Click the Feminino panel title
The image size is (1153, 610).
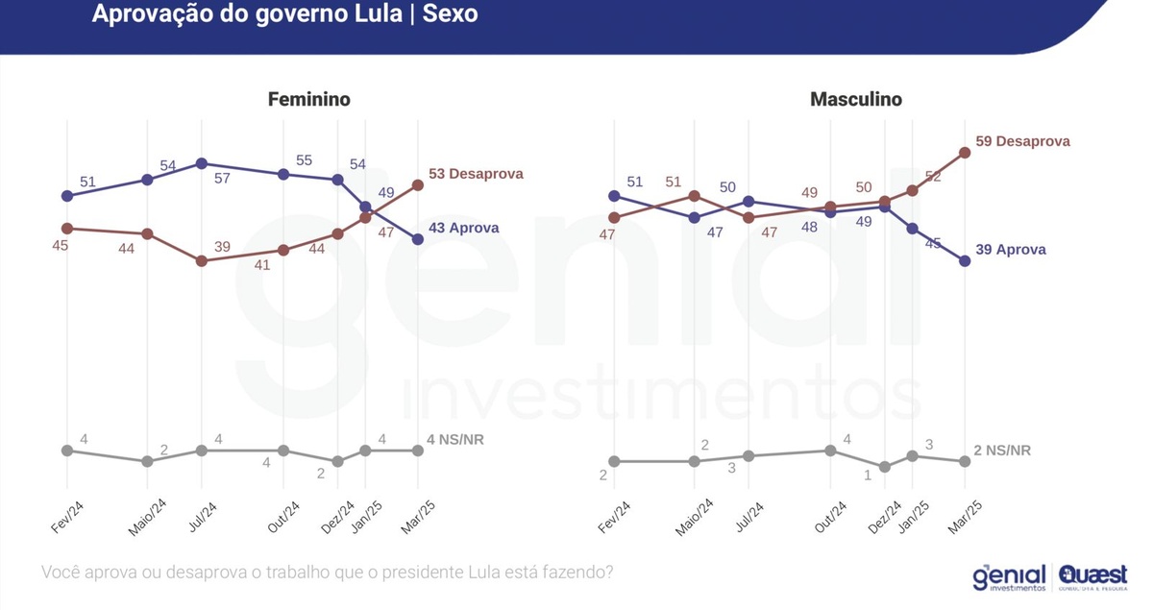click(x=308, y=100)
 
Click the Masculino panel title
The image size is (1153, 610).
click(x=856, y=100)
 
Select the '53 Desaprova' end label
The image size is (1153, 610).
click(x=476, y=174)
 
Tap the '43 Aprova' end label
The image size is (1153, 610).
click(x=463, y=229)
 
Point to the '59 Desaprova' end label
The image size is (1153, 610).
click(x=1022, y=141)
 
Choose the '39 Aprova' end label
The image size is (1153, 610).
click(x=1010, y=250)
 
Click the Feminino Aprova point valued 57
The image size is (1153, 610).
click(x=201, y=163)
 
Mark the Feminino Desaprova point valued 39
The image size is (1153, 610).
click(x=201, y=260)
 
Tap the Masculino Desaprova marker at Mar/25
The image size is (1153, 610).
click(x=966, y=152)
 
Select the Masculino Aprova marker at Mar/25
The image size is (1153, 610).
click(x=966, y=260)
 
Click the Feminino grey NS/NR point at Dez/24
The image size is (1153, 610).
click(x=337, y=461)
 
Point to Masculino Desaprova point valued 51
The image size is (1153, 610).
click(x=695, y=196)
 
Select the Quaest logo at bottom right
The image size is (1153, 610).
click(x=1092, y=577)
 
